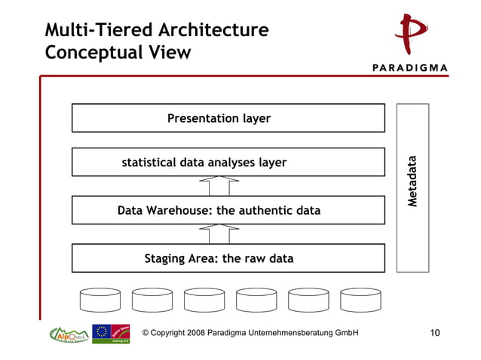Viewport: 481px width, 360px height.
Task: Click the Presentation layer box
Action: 228,118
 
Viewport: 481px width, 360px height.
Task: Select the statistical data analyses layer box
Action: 228,162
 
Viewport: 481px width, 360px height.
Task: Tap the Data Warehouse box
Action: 228,210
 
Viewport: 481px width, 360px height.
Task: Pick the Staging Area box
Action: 228,258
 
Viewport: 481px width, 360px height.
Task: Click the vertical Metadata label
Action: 412,182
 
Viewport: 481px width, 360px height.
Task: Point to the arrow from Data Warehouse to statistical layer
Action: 219,186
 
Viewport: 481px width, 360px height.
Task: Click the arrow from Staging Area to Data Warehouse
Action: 219,233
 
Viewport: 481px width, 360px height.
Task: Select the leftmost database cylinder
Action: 100,300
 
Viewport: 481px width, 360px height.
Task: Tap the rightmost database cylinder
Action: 360,300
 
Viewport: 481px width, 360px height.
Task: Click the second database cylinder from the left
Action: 152,300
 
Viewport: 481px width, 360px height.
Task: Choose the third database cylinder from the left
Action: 204,300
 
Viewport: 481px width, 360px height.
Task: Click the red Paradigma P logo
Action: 411,34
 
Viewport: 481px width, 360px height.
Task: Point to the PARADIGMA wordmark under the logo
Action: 410,67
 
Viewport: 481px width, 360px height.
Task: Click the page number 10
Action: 435,333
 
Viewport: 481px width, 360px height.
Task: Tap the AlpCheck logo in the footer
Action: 69,334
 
